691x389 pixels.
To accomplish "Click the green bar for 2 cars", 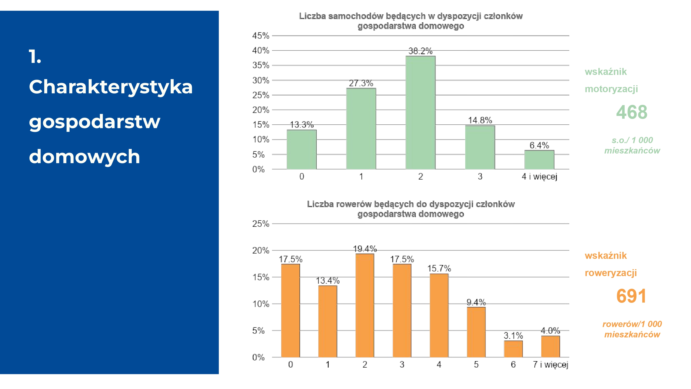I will tap(420, 113).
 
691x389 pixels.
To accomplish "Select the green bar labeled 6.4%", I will tap(539, 160).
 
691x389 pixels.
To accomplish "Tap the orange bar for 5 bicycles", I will tap(476, 332).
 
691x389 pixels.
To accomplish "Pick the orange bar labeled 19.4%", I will tap(365, 306).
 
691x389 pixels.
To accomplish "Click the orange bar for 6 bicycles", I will tap(513, 349).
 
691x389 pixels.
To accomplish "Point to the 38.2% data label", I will tap(420, 51).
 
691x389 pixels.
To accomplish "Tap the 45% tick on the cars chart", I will tap(261, 36).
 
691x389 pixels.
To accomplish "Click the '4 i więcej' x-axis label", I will tap(539, 177).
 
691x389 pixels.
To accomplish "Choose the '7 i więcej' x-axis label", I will tap(550, 365).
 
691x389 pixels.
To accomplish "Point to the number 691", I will tap(631, 296).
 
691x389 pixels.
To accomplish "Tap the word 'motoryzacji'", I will tap(611, 89).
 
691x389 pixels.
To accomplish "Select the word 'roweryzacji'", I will tap(611, 273).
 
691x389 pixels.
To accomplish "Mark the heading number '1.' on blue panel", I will tap(35, 57).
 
